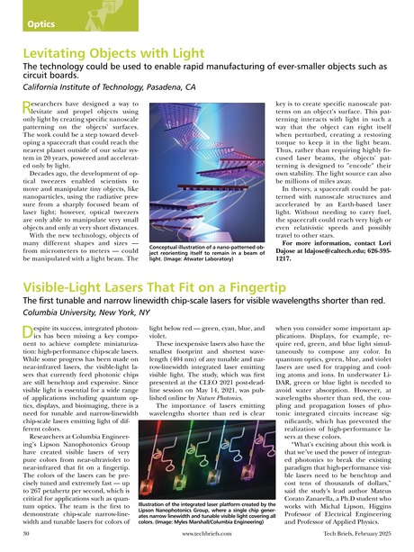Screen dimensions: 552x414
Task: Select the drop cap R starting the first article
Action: point(25,133)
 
